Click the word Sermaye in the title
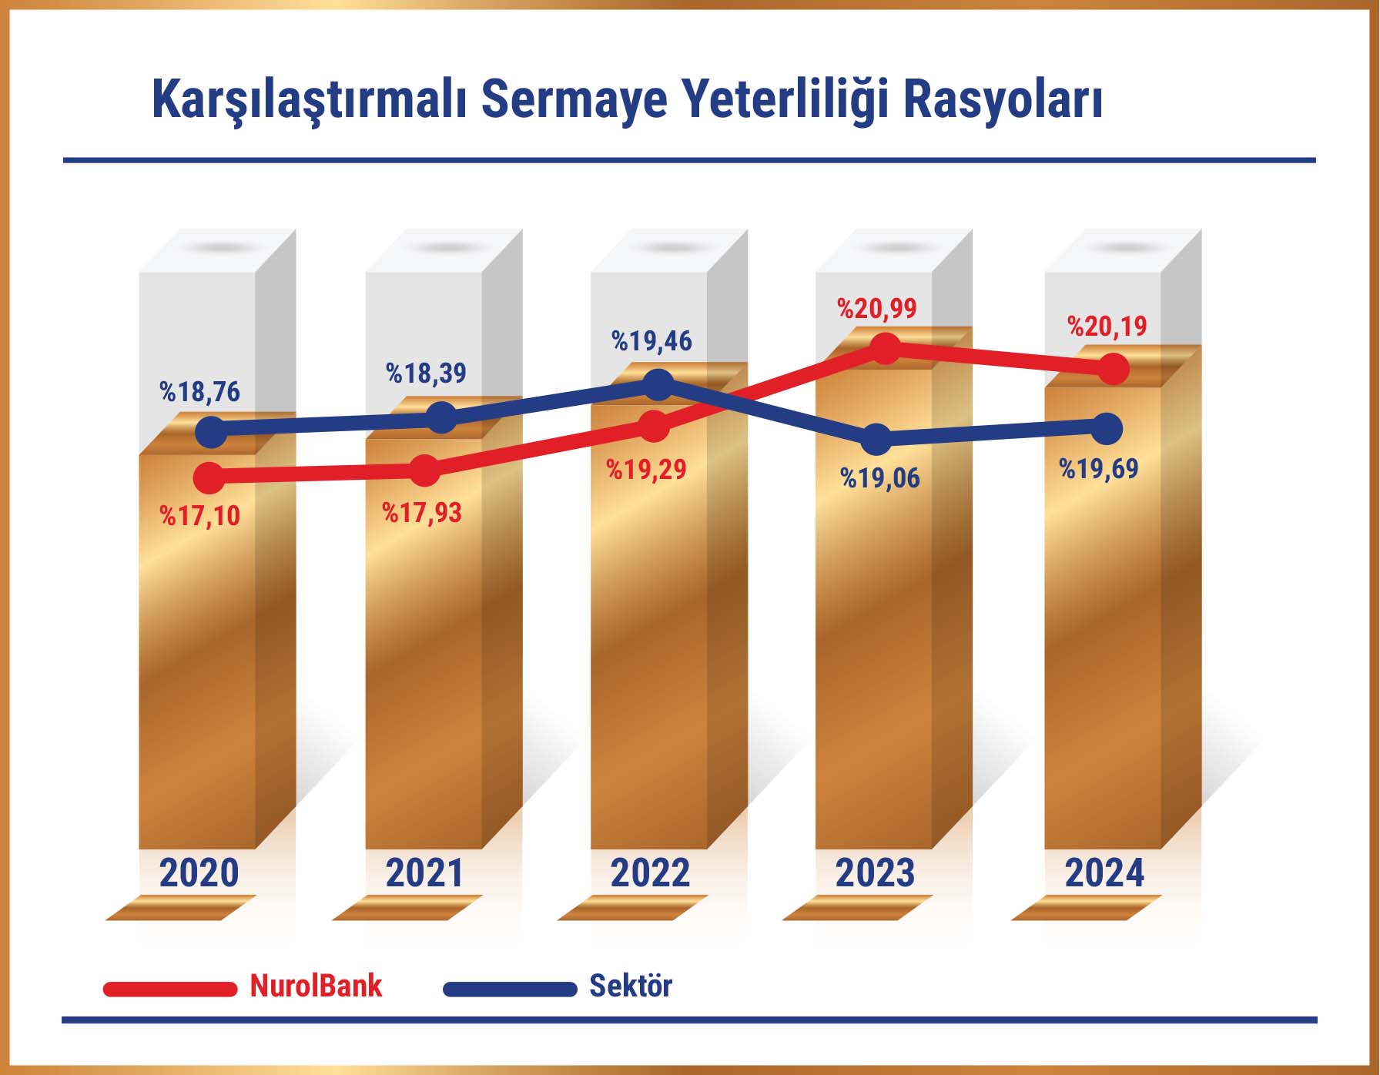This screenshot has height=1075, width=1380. click(574, 99)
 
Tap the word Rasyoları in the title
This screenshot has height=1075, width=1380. click(1003, 99)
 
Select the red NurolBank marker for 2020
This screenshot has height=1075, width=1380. click(209, 478)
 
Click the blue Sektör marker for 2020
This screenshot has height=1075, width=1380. click(212, 432)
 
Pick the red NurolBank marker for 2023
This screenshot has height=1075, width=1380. click(885, 349)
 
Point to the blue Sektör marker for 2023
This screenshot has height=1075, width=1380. click(876, 440)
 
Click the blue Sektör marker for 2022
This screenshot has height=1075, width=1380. click(658, 385)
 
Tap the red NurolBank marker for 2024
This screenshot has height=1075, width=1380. click(1114, 369)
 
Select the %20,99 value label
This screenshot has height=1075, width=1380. click(877, 309)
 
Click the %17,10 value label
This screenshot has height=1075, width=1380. click(200, 515)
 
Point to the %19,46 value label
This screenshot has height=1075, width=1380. click(651, 340)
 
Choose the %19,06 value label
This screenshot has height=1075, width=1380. click(880, 478)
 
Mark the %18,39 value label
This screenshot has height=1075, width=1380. click(426, 373)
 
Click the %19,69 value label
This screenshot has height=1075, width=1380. click(1099, 468)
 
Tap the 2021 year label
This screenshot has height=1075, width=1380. click(424, 872)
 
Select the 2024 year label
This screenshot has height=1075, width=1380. click(1104, 872)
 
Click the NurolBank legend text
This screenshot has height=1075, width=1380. click(316, 986)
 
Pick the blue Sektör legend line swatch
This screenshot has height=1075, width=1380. click(510, 989)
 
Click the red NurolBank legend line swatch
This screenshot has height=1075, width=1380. click(170, 989)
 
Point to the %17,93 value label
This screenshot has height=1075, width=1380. click(422, 512)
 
